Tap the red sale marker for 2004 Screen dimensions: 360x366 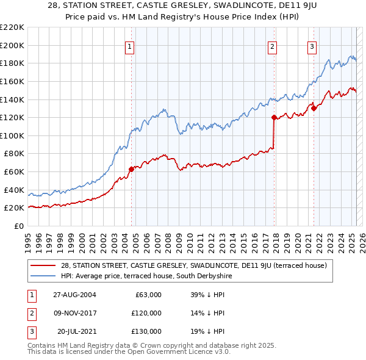click(x=131, y=169)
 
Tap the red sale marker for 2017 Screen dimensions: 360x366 click(x=274, y=117)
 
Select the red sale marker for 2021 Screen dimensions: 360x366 click(x=314, y=109)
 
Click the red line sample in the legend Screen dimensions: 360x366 click(x=44, y=265)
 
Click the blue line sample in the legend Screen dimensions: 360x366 click(x=44, y=276)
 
